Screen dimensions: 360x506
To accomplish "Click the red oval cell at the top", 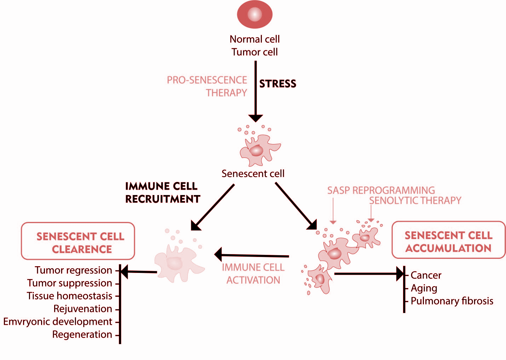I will pos(254,15).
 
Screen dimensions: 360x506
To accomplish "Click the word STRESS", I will pos(277,84).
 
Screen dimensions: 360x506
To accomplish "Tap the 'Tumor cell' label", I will pos(254,52).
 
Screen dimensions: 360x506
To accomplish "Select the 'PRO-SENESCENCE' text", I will pos(207,80).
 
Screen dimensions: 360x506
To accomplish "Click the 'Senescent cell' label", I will pos(253,173).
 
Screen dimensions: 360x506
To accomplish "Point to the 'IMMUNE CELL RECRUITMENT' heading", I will pos(162,193).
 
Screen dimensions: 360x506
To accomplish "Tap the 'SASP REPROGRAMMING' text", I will pos(381,190).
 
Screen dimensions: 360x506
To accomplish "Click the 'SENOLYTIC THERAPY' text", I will pos(415,201).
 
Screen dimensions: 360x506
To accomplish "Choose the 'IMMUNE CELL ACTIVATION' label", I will pos(253,274).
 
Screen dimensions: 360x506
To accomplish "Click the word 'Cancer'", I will pos(426,275).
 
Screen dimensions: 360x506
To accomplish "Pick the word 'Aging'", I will pos(424,288).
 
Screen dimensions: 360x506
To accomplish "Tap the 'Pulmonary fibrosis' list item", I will pos(452,301).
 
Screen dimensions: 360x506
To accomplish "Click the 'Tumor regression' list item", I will pos(73,270).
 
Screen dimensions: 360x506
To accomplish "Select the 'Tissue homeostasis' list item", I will pos(69,296).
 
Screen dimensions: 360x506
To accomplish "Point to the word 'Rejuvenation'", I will pos(82,309).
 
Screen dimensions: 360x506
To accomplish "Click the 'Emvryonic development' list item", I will pos(58,321).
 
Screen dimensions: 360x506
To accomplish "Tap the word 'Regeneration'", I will pos(82,335).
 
